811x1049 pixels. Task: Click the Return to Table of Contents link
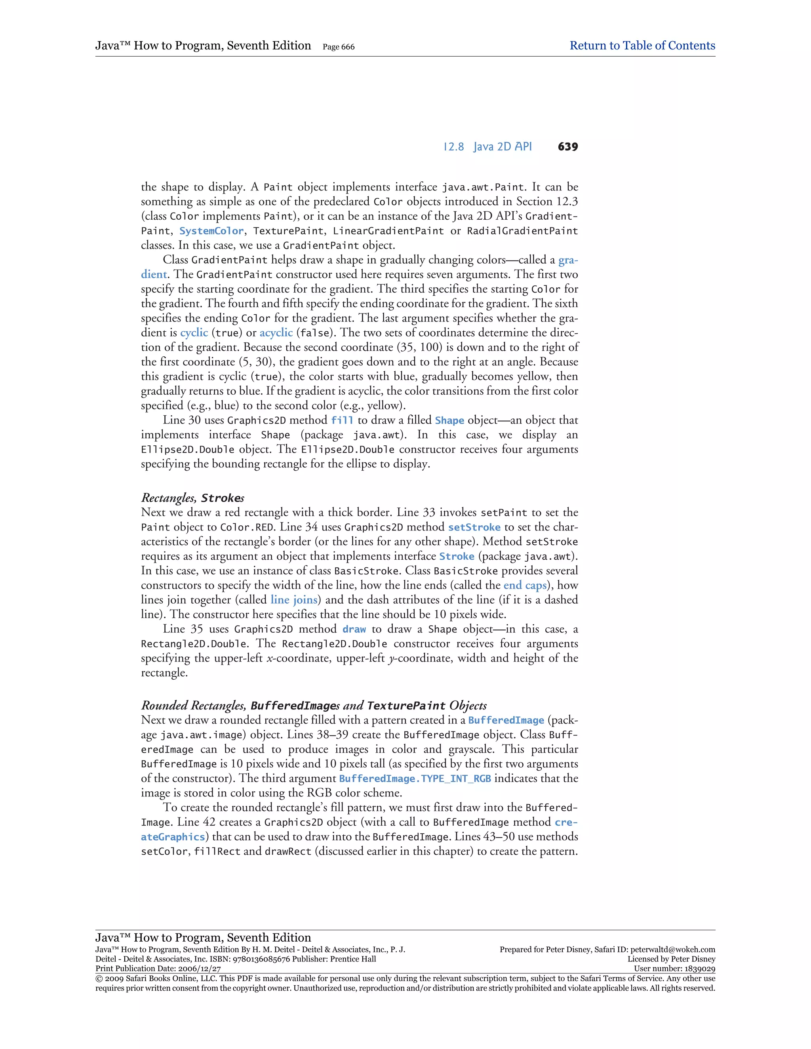pyautogui.click(x=642, y=46)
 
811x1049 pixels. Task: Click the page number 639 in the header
pyautogui.click(x=567, y=147)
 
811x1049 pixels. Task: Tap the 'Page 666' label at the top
pyautogui.click(x=338, y=47)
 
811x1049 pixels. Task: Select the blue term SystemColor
pyautogui.click(x=211, y=231)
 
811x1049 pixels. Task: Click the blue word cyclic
pyautogui.click(x=194, y=333)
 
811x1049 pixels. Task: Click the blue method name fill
pyautogui.click(x=342, y=420)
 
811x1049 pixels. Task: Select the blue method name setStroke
pyautogui.click(x=474, y=527)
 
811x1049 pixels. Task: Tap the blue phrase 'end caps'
pyautogui.click(x=525, y=585)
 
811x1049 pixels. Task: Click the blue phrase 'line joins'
pyautogui.click(x=293, y=600)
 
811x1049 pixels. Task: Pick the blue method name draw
pyautogui.click(x=354, y=629)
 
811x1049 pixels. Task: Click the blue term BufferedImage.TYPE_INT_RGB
pyautogui.click(x=415, y=779)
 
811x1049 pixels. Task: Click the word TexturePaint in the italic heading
pyautogui.click(x=406, y=705)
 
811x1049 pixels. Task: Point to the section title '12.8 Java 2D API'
pyautogui.click(x=487, y=147)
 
